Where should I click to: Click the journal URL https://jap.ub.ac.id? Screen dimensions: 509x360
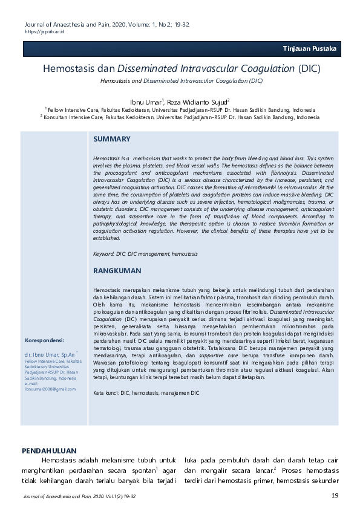(x=36, y=31)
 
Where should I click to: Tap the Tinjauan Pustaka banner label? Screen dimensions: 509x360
(x=309, y=49)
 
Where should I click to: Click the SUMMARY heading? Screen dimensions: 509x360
(x=112, y=140)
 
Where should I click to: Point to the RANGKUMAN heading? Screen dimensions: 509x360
(x=117, y=271)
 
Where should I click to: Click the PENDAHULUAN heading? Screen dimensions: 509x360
(x=49, y=450)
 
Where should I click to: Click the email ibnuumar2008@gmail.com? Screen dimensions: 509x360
(x=50, y=389)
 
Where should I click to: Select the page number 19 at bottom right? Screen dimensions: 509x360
(x=335, y=496)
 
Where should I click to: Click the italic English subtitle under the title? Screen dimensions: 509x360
(x=182, y=80)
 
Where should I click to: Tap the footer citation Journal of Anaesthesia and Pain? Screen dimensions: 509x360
(x=79, y=496)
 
